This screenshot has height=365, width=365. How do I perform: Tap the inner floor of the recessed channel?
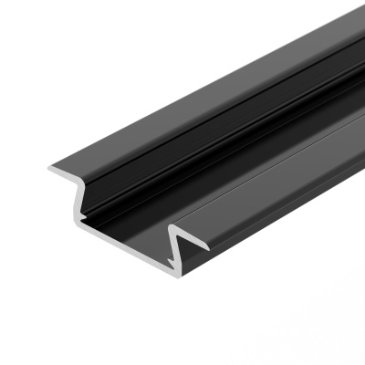[x=237, y=173]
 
